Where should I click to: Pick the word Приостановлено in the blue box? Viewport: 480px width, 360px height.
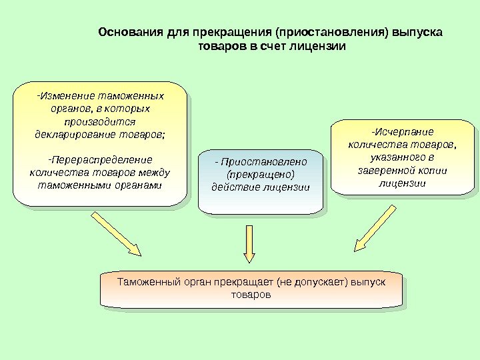[x=264, y=162]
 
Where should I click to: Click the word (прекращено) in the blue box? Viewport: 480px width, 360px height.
[x=261, y=174]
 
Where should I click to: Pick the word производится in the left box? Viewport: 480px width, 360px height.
[x=100, y=121]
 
